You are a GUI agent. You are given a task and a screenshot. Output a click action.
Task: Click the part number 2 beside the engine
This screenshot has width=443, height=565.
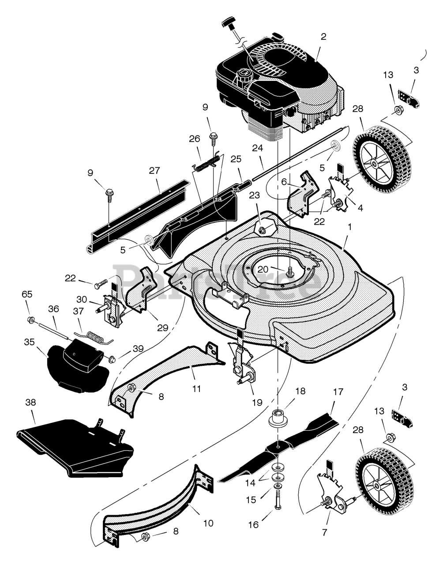coord(323,37)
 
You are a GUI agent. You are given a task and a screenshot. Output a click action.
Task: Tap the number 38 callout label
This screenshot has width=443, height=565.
coord(31,403)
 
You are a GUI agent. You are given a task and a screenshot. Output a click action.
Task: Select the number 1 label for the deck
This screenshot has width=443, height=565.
coord(350,226)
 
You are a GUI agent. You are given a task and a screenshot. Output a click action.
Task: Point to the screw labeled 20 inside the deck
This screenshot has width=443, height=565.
coord(290,271)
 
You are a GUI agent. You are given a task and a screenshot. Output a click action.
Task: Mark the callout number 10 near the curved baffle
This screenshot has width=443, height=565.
coord(208,524)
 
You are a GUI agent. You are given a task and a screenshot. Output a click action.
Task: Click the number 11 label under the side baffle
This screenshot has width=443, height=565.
coord(197,389)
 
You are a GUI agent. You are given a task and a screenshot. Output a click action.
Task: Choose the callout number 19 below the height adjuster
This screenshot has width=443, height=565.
coord(257,403)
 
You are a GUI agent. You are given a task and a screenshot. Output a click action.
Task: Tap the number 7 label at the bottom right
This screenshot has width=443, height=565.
coord(325,532)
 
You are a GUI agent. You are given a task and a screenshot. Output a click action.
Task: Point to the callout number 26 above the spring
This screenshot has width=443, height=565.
coord(195,138)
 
